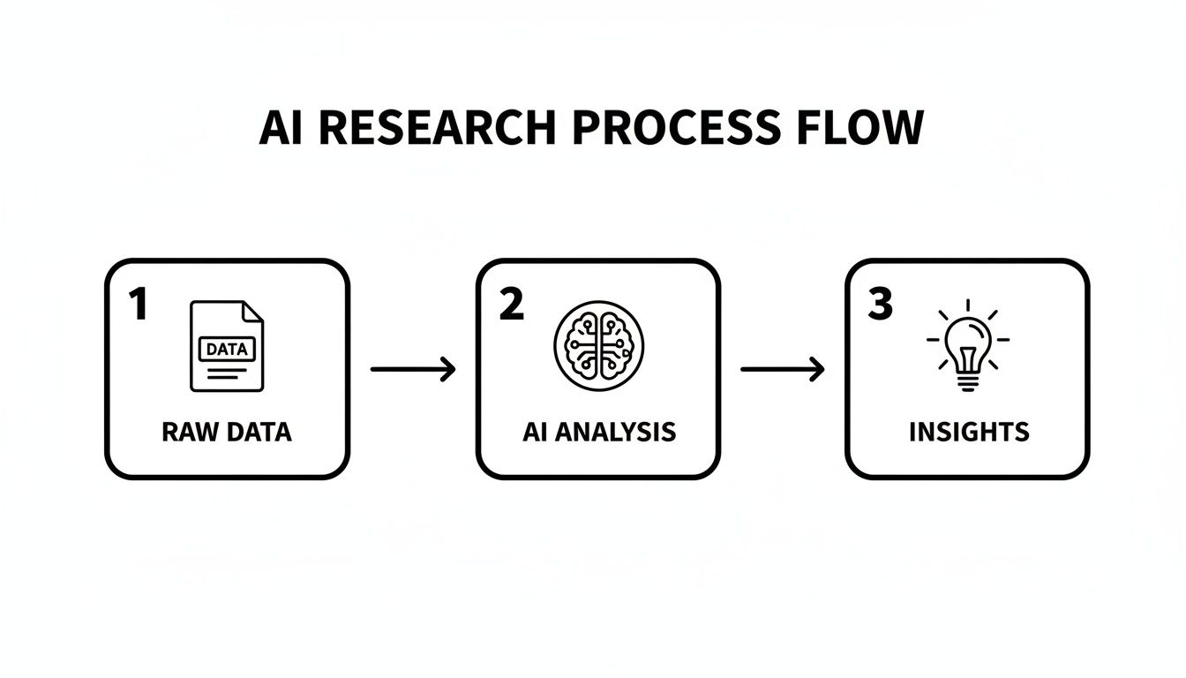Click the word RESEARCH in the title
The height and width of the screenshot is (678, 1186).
pyautogui.click(x=437, y=129)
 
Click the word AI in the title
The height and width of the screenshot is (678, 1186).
pyautogui.click(x=281, y=129)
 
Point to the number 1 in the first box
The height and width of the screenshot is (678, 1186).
pyautogui.click(x=137, y=305)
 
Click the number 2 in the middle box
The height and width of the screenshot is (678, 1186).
pyautogui.click(x=511, y=305)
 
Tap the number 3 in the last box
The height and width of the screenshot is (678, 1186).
pyautogui.click(x=880, y=305)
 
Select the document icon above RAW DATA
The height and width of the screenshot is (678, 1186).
pyautogui.click(x=227, y=346)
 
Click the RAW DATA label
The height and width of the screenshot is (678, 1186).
pyautogui.click(x=227, y=432)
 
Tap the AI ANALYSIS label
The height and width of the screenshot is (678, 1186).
pyautogui.click(x=598, y=432)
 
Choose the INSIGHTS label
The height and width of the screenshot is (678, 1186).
pyautogui.click(x=968, y=432)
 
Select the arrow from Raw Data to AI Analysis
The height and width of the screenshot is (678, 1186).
pyautogui.click(x=413, y=369)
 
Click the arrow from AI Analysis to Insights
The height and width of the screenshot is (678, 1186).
pyautogui.click(x=783, y=369)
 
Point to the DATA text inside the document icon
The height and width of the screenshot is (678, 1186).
pyautogui.click(x=227, y=349)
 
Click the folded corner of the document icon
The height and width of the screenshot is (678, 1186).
pyautogui.click(x=253, y=311)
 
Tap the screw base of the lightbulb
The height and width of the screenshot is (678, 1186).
pyautogui.click(x=968, y=382)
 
